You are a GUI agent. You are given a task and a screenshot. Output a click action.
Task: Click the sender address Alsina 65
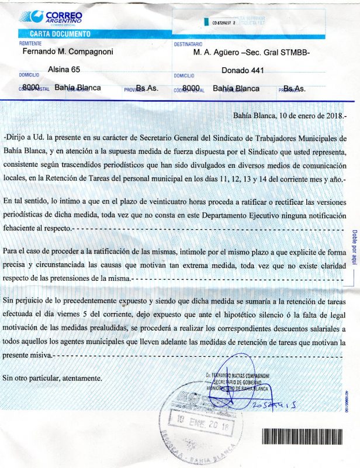(x=64, y=69)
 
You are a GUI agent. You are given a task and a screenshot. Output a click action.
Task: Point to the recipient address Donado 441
(x=243, y=70)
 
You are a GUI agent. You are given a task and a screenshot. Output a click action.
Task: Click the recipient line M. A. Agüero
(x=251, y=52)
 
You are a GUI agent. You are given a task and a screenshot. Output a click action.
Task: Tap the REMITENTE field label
(x=30, y=43)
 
